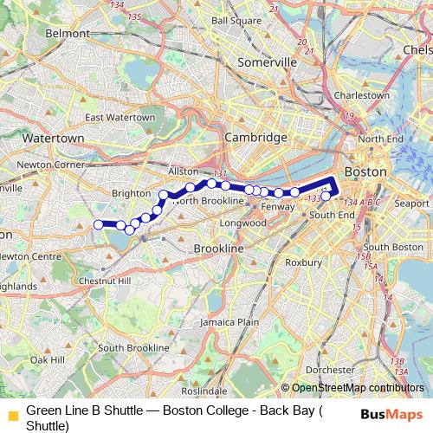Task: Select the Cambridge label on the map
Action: pos(255,138)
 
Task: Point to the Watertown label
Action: pos(53,138)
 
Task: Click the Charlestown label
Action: pos(362,95)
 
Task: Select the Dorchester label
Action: pos(331,370)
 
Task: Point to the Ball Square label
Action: pos(236,20)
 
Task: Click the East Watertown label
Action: pos(120,117)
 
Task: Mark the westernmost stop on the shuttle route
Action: pos(98,224)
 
